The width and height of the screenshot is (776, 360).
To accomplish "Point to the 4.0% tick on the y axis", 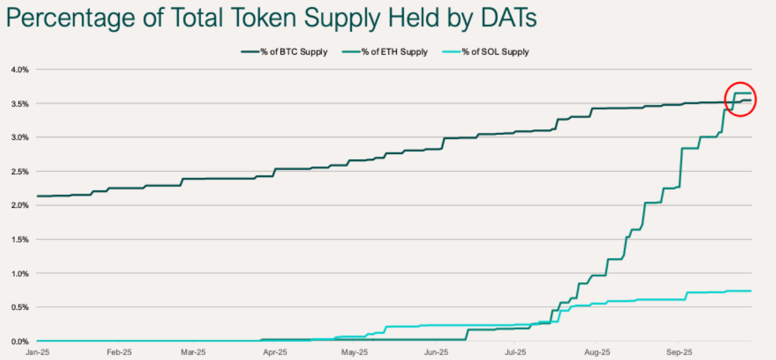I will tap(20, 69).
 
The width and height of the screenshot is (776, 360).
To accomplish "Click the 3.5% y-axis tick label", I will tap(20, 103).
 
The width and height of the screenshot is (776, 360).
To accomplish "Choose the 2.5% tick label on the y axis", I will tap(20, 171).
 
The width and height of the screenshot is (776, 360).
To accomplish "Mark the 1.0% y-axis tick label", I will tap(20, 273).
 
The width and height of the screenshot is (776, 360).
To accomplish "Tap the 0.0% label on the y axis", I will tap(20, 341).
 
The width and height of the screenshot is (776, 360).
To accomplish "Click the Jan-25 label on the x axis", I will tap(37, 352).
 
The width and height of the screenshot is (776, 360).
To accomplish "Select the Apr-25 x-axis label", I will tap(275, 352).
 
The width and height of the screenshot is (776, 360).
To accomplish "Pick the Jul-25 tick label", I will tap(516, 352).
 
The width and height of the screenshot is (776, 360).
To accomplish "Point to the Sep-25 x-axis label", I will tap(678, 352).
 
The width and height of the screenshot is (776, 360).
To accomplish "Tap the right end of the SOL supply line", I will tap(750, 291).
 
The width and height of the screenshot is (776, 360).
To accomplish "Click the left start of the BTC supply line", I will tap(38, 196).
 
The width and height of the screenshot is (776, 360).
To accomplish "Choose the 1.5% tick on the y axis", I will tap(20, 239).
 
